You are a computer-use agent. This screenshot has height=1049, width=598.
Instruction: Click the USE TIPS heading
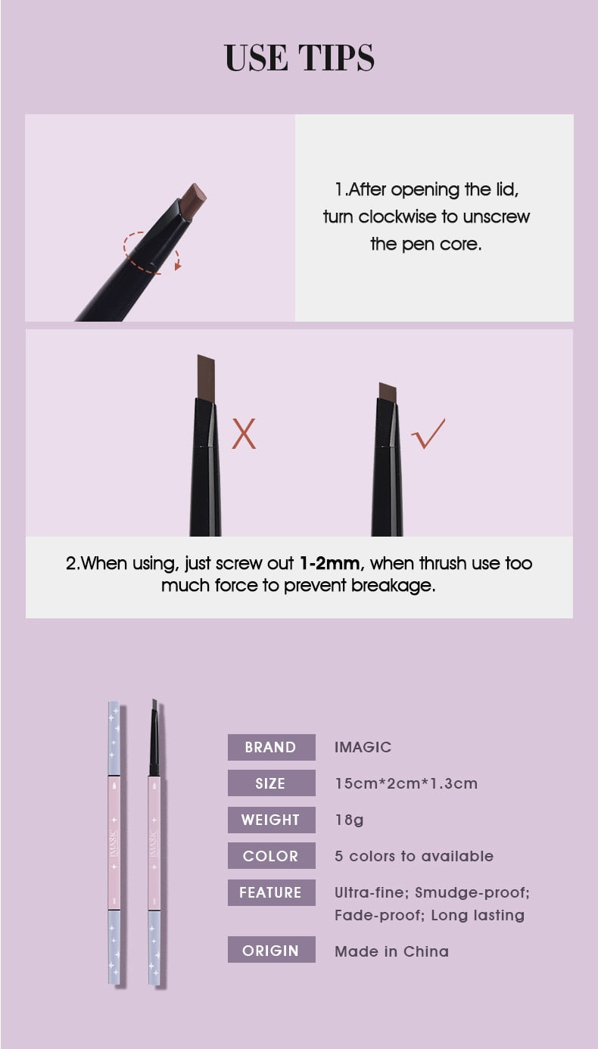(299, 58)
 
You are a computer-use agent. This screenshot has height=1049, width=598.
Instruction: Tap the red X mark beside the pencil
(244, 434)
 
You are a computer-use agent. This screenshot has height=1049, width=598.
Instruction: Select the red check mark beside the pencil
(428, 434)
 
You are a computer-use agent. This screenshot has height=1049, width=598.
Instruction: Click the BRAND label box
(272, 747)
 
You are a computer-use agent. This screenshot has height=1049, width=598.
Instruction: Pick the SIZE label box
(272, 783)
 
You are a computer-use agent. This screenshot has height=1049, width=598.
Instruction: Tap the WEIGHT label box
(272, 820)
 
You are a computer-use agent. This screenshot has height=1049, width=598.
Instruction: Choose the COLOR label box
(272, 855)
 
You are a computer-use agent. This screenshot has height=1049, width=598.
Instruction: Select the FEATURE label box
(272, 892)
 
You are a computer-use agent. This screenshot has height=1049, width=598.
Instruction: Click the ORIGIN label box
(272, 950)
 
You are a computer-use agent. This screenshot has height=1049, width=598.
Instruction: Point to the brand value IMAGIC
(363, 747)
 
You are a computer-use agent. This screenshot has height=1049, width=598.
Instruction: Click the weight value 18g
(350, 820)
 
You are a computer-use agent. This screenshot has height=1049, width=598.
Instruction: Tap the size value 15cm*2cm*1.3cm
(406, 783)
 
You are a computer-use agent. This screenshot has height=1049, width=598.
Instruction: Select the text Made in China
(391, 951)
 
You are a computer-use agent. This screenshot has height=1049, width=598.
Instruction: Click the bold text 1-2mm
(330, 563)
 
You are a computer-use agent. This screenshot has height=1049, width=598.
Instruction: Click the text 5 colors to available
(414, 856)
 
